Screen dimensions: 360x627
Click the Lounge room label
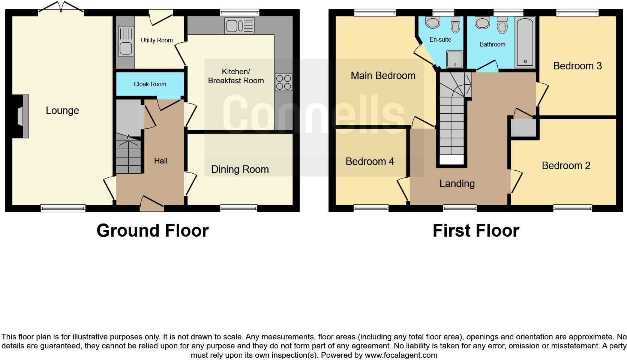[62, 111]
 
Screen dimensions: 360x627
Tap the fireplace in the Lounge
[23, 117]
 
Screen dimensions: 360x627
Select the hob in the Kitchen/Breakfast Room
[283, 82]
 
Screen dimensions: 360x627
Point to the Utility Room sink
[126, 41]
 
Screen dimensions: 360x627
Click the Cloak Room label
[150, 84]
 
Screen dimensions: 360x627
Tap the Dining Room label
[240, 169]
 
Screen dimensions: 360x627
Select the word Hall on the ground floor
[160, 161]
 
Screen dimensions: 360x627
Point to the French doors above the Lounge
[61, 7]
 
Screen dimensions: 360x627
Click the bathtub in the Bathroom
[525, 42]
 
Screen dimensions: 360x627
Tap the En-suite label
[440, 39]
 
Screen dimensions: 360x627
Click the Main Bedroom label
[383, 76]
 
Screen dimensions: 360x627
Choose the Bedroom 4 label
[369, 162]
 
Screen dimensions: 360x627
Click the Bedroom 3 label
[577, 66]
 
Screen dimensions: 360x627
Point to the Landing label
[457, 184]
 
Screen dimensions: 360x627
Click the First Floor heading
[475, 231]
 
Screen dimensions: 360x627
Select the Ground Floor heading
[152, 231]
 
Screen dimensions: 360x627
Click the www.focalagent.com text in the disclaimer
[400, 355]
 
